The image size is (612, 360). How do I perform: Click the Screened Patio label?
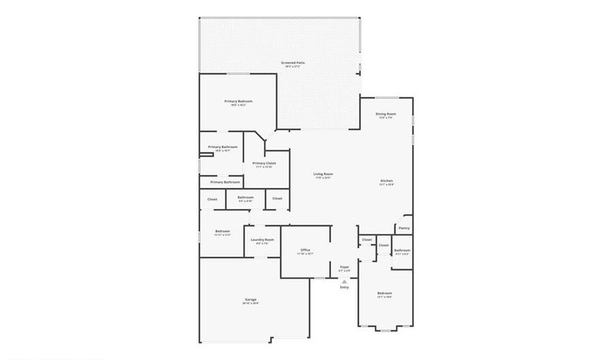click(x=294, y=63)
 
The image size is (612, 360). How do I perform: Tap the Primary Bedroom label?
click(x=234, y=101)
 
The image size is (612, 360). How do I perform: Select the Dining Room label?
click(x=386, y=114)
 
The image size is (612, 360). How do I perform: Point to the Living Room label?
click(x=323, y=174)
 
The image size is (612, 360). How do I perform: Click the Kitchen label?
click(x=386, y=180)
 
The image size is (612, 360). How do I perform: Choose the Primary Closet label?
click(x=264, y=163)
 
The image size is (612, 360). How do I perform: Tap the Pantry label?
click(x=404, y=228)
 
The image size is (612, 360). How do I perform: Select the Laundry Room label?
click(x=262, y=240)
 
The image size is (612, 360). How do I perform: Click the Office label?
click(x=305, y=250)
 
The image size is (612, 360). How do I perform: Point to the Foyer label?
click(x=344, y=267)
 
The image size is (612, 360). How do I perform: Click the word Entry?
click(x=344, y=287)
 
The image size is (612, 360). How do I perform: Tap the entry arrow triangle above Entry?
click(x=344, y=280)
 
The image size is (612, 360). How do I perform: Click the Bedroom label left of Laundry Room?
click(x=222, y=231)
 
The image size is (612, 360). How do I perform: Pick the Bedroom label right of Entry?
click(x=385, y=293)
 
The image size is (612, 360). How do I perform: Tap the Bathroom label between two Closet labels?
click(x=245, y=197)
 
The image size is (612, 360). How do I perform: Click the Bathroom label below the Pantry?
click(x=403, y=250)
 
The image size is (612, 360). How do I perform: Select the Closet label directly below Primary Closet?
click(x=277, y=198)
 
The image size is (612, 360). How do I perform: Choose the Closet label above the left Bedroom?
click(x=212, y=199)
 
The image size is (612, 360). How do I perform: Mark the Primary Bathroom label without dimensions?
click(x=225, y=182)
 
